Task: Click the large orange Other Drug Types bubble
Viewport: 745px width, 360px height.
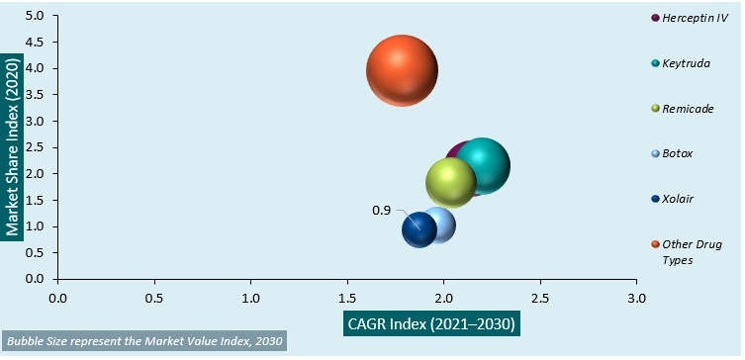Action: (402, 70)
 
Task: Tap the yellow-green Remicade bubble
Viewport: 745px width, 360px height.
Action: (450, 183)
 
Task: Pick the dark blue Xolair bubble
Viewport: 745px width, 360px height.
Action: (419, 229)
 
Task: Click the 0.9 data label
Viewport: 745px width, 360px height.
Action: (382, 211)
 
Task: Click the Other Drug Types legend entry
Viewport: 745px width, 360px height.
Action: (685, 251)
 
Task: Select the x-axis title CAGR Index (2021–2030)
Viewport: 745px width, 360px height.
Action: (431, 323)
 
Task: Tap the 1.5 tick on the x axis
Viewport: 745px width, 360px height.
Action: (347, 296)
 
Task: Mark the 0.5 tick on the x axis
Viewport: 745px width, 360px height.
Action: (154, 296)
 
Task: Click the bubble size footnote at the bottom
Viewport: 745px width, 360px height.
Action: (144, 342)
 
